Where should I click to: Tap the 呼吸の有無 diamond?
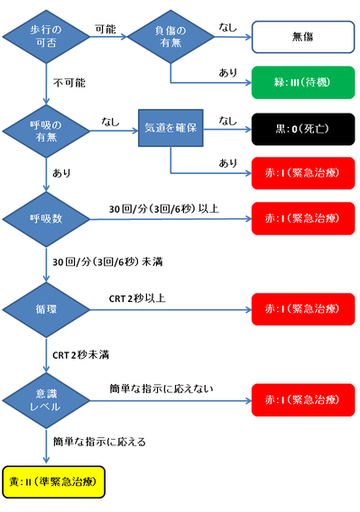click(x=46, y=131)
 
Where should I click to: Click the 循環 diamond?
click(x=46, y=308)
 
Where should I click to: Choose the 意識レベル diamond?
click(x=46, y=398)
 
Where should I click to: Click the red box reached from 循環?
click(x=302, y=308)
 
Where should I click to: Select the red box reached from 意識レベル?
click(x=302, y=398)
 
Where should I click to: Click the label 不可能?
click(x=69, y=82)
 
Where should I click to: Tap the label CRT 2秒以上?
click(x=138, y=298)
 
